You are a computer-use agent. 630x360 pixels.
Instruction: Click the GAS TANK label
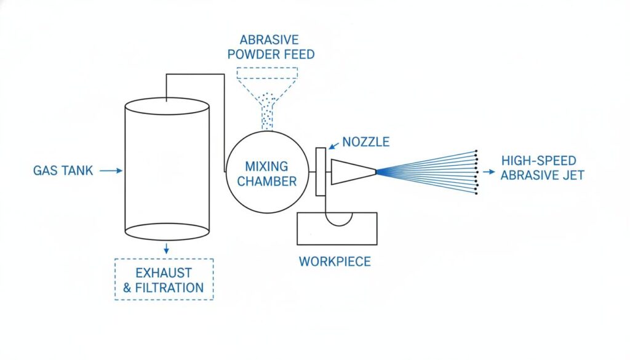click(63, 170)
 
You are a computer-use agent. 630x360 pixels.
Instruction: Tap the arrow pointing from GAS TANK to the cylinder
click(111, 170)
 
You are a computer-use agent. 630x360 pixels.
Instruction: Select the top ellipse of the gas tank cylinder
click(167, 106)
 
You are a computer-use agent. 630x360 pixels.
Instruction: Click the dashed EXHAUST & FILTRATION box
click(164, 279)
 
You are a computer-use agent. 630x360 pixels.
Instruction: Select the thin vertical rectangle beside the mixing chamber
click(320, 172)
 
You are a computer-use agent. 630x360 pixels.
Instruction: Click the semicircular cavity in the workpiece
click(339, 218)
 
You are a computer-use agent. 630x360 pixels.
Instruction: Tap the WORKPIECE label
click(335, 262)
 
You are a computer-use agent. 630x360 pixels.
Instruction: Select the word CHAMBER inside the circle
click(267, 181)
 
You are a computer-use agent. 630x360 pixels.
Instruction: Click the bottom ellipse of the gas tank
click(167, 231)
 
